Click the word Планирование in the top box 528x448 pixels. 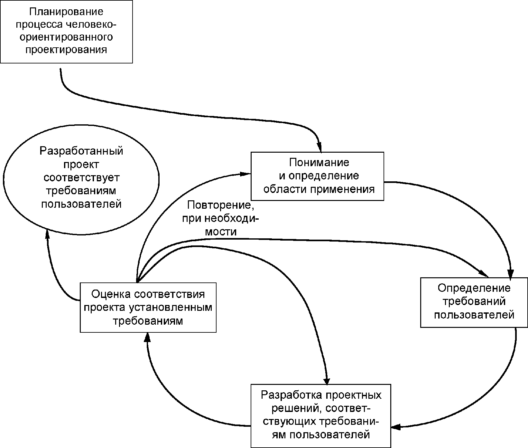66,12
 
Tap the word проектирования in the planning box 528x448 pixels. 66,50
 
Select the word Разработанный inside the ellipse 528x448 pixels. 81,151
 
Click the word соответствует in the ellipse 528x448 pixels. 81,178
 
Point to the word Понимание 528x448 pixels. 319,162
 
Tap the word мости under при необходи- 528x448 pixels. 221,232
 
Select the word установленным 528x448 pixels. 171,308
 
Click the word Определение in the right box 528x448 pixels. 474,288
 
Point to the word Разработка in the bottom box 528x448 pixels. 291,395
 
